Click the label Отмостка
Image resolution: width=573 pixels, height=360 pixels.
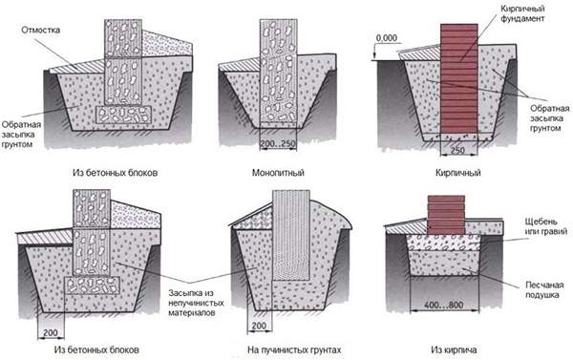pyautogui.click(x=40, y=30)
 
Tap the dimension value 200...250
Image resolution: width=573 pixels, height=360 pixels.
pyautogui.click(x=278, y=144)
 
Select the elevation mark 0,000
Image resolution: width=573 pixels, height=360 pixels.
pyautogui.click(x=386, y=38)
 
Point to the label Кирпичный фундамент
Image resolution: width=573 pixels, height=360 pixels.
pyautogui.click(x=522, y=13)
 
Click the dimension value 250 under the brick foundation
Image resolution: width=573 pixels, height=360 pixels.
pyautogui.click(x=457, y=150)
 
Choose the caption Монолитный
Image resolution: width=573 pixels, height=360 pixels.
pyautogui.click(x=278, y=173)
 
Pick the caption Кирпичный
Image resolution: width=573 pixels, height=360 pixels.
pyautogui.click(x=457, y=173)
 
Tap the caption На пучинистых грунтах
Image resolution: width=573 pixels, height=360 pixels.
pyautogui.click(x=294, y=349)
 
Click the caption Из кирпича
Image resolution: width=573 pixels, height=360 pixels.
pyautogui.click(x=454, y=349)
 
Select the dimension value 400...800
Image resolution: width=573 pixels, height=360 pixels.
pyautogui.click(x=444, y=305)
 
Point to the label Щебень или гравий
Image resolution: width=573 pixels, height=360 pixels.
pyautogui.click(x=546, y=226)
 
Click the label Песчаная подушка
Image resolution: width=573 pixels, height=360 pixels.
pyautogui.click(x=544, y=290)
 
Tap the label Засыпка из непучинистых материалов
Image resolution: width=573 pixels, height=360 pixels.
pyautogui.click(x=196, y=303)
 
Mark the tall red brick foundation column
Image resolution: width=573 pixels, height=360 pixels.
pyautogui.click(x=459, y=78)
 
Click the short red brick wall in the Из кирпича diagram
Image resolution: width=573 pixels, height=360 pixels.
pyautogui.click(x=446, y=215)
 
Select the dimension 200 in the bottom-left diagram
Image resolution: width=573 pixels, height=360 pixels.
pyautogui.click(x=51, y=332)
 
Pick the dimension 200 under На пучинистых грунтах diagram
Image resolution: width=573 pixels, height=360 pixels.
pyautogui.click(x=259, y=326)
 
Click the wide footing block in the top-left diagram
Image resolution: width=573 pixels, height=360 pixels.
pyautogui.click(x=123, y=115)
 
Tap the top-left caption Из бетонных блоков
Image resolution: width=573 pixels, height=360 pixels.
pyautogui.click(x=116, y=173)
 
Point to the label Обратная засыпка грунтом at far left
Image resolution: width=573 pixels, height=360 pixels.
pyautogui.click(x=21, y=135)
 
